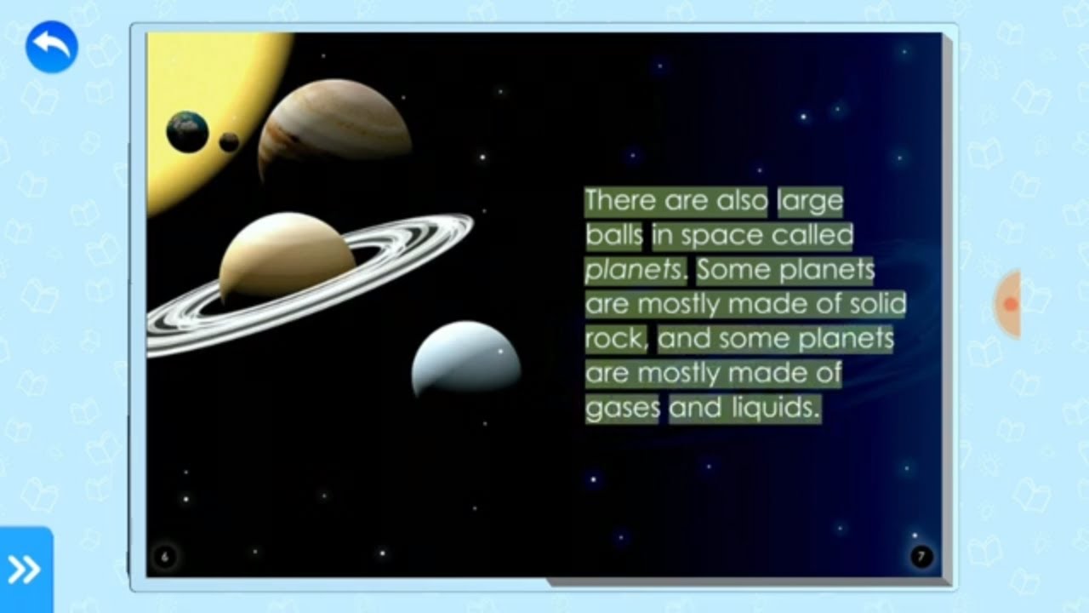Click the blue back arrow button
pos(52,47)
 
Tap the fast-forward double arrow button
pos(25,570)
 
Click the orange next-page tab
pos(1009,304)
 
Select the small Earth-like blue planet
pos(187,132)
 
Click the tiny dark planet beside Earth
pos(229,142)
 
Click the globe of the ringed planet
pos(287,256)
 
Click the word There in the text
pos(621,201)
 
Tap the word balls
pos(613,236)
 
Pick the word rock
pos(615,340)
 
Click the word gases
pos(622,409)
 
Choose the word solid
pos(878,305)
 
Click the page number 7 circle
pos(921,557)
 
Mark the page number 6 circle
pos(165,557)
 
